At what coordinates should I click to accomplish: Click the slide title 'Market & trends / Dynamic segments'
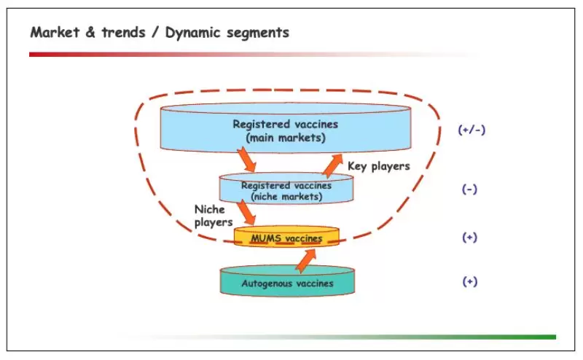159,33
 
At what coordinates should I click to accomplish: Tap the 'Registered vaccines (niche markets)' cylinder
286,190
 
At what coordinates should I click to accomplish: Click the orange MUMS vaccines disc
287,238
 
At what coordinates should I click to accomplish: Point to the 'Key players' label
378,166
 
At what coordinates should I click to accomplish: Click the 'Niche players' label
213,215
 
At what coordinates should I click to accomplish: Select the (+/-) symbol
472,130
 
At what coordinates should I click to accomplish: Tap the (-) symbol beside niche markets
469,189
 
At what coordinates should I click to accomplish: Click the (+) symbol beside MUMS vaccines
469,238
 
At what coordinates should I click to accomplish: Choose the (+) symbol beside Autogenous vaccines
469,282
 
